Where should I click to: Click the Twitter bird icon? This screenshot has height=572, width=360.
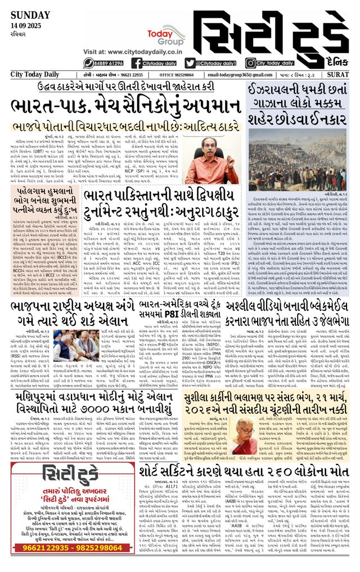coord(190,63)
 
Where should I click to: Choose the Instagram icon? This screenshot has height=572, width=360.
coord(251,63)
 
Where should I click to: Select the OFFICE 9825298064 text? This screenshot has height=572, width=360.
coord(177,75)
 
